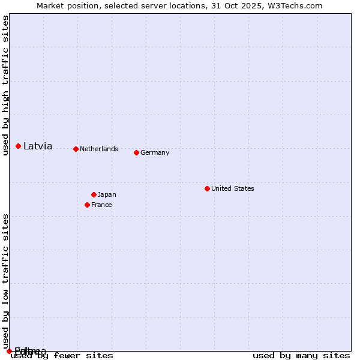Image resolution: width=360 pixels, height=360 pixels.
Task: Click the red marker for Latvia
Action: click(x=19, y=146)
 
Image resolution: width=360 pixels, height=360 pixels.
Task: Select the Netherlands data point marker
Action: click(x=76, y=149)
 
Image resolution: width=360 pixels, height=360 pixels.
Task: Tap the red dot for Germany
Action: click(x=136, y=152)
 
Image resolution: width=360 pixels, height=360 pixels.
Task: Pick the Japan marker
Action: click(x=94, y=194)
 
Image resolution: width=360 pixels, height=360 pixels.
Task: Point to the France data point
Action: click(x=87, y=205)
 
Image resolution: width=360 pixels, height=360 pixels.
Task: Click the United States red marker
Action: click(x=207, y=188)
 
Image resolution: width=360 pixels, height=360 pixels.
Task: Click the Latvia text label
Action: click(x=38, y=146)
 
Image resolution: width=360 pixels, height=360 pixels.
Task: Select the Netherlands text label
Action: click(x=99, y=149)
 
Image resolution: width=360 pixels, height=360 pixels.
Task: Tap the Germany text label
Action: click(x=155, y=152)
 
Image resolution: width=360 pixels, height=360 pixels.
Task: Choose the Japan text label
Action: click(x=107, y=194)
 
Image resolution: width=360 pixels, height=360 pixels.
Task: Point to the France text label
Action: click(x=101, y=205)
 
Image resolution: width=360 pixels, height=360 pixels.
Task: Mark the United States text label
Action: click(x=233, y=188)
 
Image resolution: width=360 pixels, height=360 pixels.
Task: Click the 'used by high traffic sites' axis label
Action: click(x=5, y=85)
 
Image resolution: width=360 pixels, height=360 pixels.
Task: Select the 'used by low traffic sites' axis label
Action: click(x=5, y=281)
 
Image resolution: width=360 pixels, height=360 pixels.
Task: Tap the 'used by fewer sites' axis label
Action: click(x=62, y=355)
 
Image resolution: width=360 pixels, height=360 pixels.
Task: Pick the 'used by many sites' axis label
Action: click(x=301, y=355)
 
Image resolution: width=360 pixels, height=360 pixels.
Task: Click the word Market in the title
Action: click(x=50, y=5)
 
